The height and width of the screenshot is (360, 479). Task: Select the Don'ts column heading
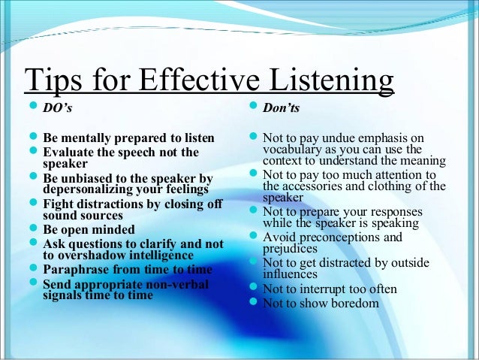[282, 109]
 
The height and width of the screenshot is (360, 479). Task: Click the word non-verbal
[178, 284]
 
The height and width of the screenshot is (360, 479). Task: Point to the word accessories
[315, 186]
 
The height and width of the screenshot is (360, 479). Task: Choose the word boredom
[352, 304]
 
